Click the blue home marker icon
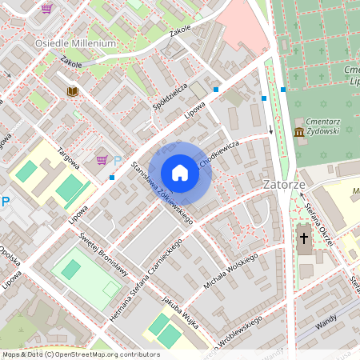180,173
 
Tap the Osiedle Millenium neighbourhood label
75,43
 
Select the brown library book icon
72,92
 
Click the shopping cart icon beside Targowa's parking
102,160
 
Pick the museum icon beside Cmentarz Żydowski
298,130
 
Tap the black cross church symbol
303,238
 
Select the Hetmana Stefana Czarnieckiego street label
154,272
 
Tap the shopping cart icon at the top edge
46,9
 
